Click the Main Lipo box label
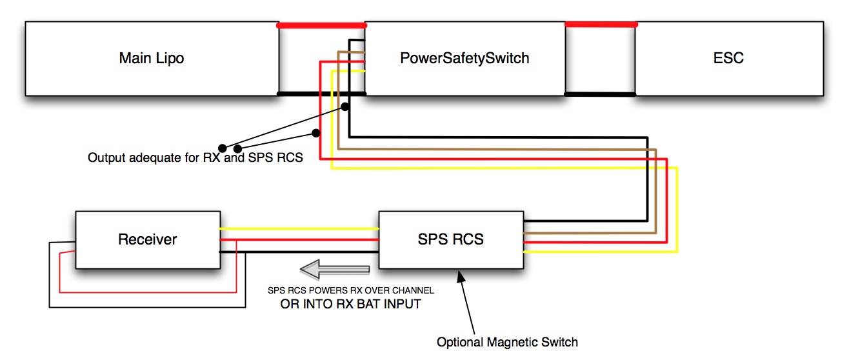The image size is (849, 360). [152, 58]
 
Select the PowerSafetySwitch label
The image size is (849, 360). [464, 58]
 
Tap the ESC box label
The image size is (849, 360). [730, 58]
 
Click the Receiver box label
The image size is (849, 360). [147, 239]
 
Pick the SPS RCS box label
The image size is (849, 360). [451, 239]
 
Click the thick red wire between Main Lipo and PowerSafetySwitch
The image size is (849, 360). [321, 26]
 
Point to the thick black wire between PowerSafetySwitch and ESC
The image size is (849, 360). [600, 94]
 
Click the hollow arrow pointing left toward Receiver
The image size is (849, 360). [336, 268]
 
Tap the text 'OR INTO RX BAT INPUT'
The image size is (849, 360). [351, 304]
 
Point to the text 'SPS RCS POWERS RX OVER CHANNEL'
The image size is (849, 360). [351, 291]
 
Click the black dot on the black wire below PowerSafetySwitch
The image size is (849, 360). [345, 106]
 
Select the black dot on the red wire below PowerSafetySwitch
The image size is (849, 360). [316, 134]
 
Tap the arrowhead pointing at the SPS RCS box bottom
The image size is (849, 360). [460, 275]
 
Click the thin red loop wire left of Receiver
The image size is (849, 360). [60, 271]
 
